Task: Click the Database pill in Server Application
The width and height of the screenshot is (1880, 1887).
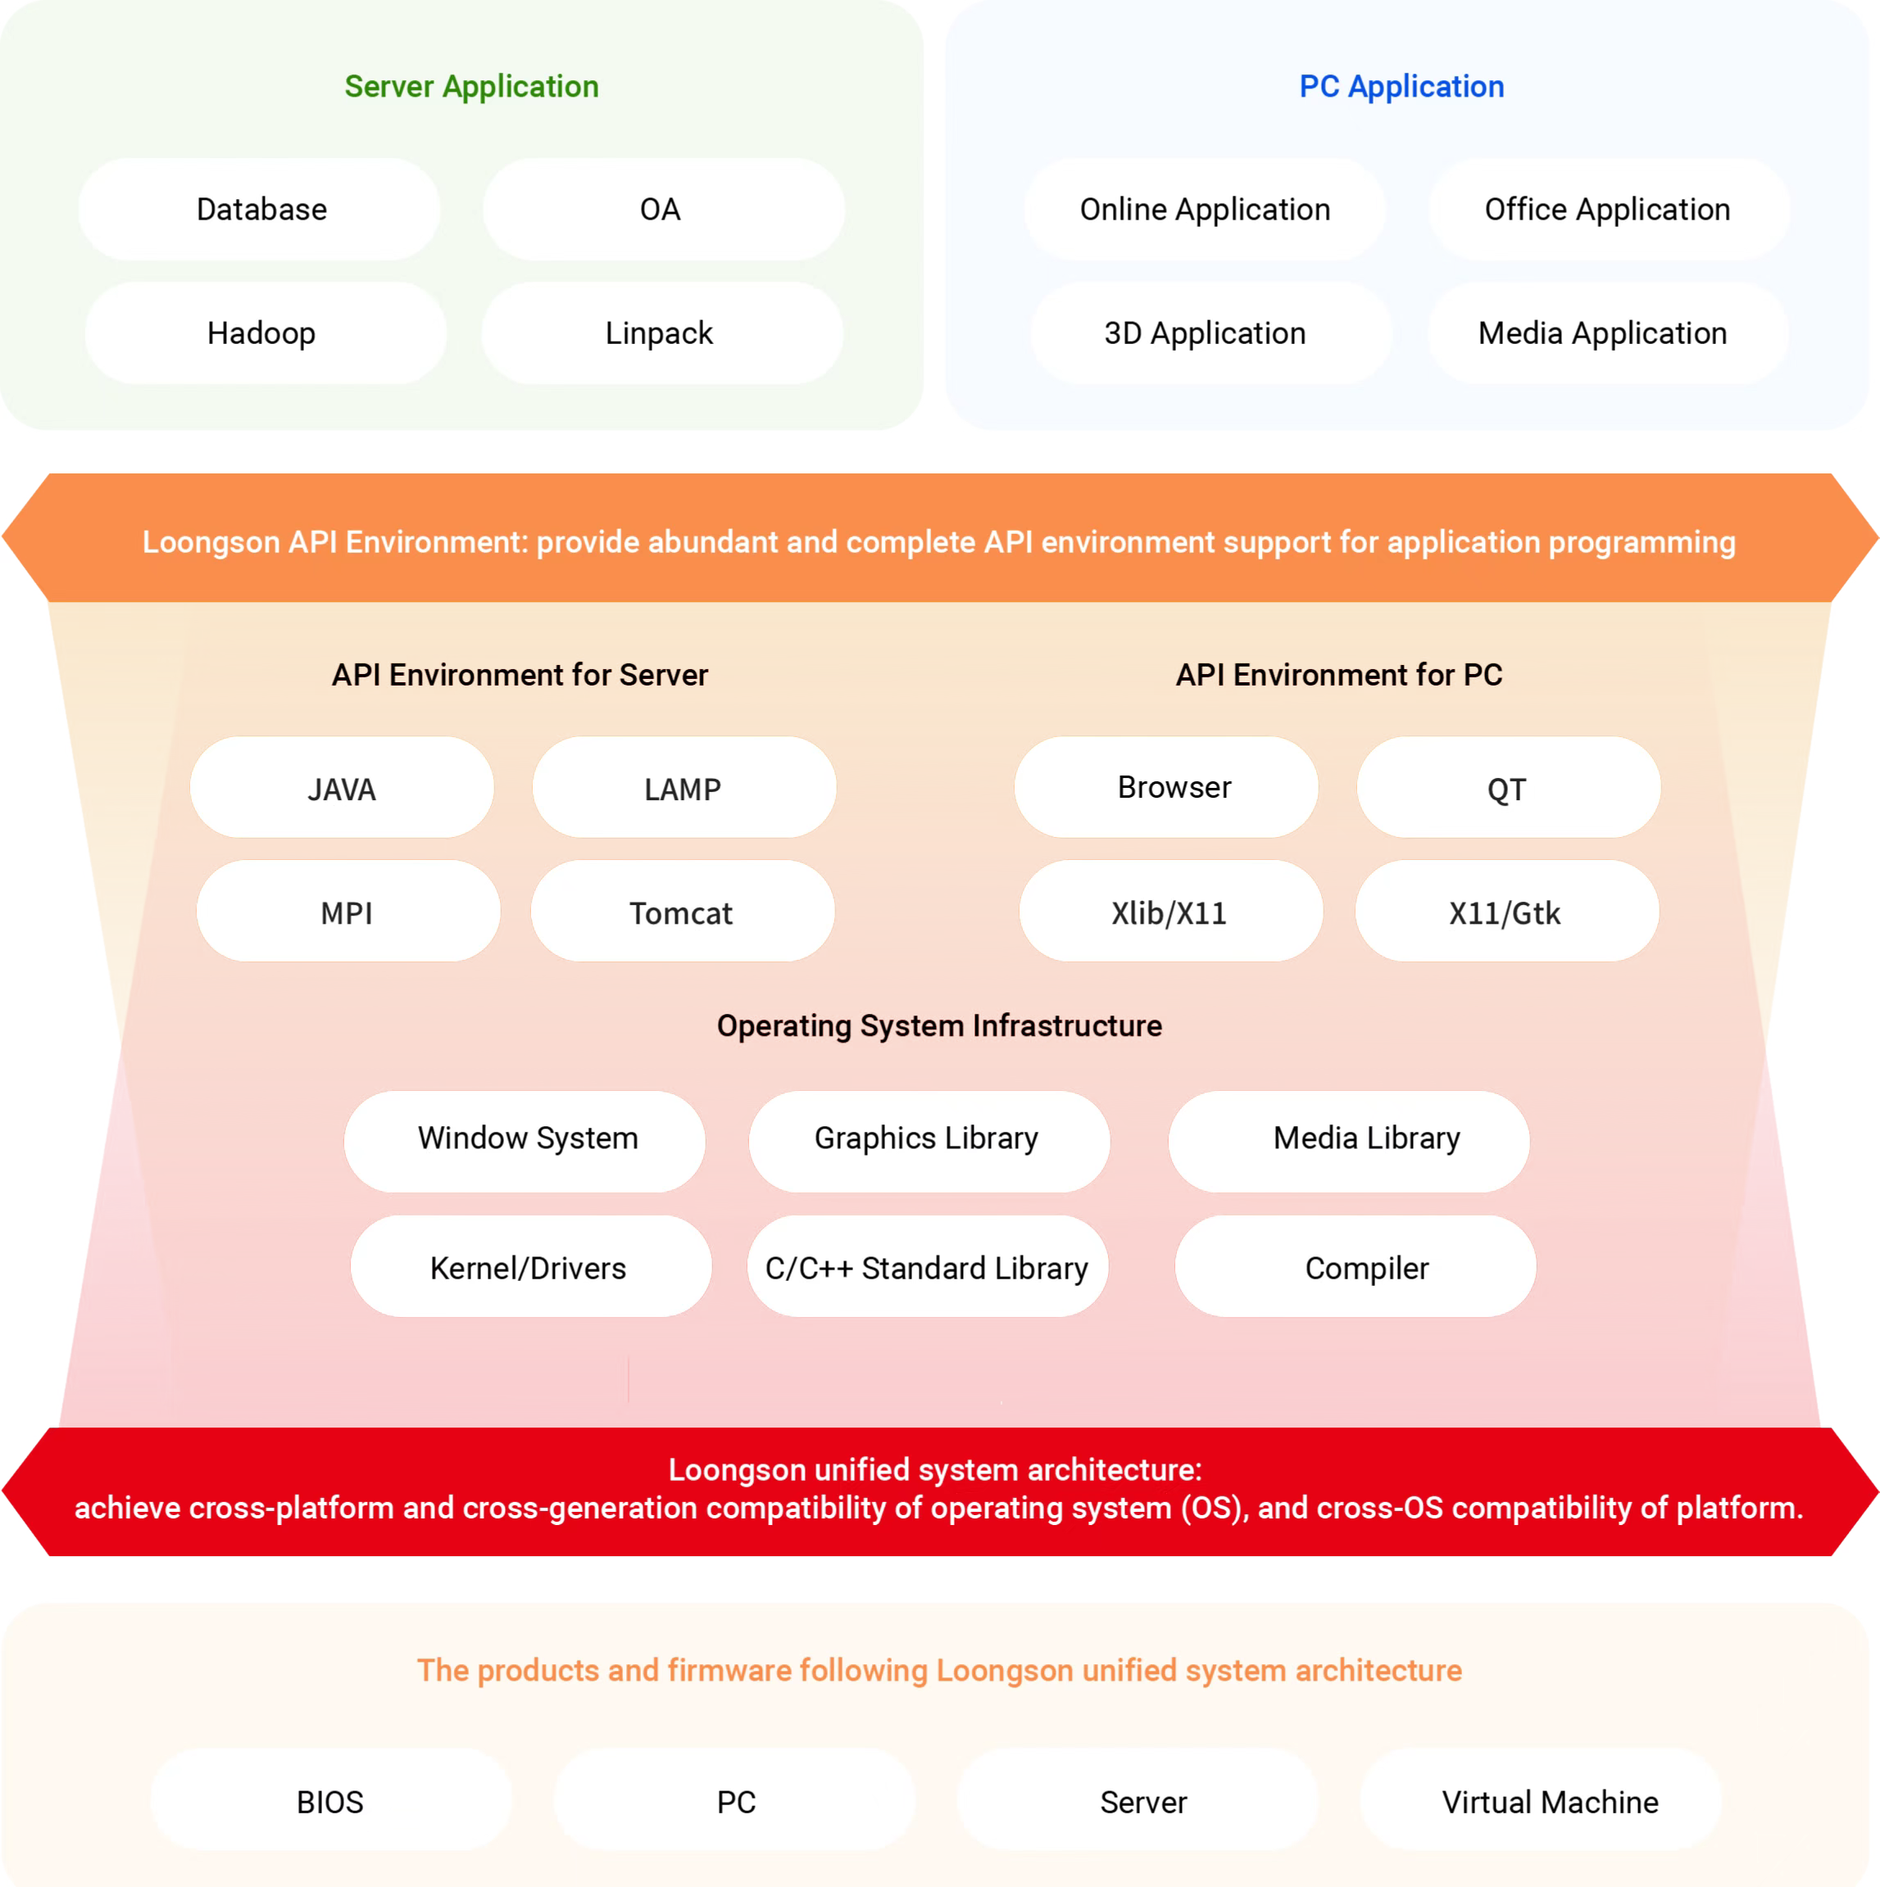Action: click(260, 209)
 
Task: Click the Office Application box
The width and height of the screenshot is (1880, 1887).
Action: click(1607, 209)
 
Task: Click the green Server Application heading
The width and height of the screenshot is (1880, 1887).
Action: click(471, 87)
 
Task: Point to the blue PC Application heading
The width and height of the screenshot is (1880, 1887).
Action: click(1401, 87)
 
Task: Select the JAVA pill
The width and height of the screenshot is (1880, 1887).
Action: click(342, 788)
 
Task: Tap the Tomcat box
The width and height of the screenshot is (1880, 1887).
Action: click(682, 912)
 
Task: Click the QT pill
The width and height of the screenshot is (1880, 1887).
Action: click(1508, 788)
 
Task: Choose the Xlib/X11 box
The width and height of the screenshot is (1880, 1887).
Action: click(1169, 912)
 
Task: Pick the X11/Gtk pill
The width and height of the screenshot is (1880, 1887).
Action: click(1505, 912)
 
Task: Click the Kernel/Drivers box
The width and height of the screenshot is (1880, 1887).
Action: click(529, 1267)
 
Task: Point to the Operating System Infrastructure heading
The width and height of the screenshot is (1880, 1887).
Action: click(939, 1025)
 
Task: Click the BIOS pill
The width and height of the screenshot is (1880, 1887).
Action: click(330, 1801)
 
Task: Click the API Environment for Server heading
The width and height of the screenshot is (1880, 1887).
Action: click(519, 675)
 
